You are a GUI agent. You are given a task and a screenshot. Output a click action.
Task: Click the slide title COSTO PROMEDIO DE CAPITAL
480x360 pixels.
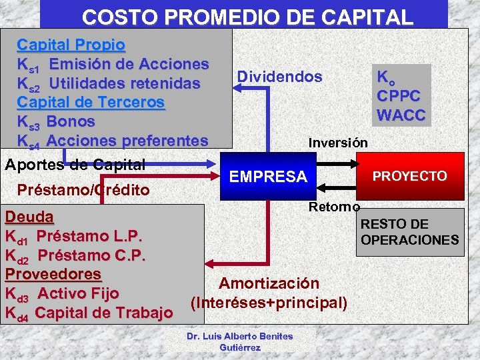point(247,16)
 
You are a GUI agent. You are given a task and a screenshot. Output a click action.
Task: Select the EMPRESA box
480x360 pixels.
point(267,177)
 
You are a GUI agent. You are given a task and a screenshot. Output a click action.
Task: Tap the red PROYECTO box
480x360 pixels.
point(409,176)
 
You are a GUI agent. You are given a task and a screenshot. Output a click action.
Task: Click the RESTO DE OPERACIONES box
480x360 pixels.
point(409,232)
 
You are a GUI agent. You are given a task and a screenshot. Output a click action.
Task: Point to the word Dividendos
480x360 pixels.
point(279,77)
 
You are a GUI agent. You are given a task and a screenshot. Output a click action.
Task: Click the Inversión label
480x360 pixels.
point(337,143)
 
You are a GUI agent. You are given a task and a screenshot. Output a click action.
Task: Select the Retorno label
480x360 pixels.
point(334,207)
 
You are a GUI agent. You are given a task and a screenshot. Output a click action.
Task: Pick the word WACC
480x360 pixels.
point(401,115)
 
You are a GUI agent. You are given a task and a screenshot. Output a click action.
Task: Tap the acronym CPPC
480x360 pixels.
point(399,95)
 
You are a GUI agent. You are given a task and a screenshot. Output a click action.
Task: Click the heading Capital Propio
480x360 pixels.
point(71,45)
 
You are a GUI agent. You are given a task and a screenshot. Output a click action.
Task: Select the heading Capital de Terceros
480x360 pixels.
point(91,103)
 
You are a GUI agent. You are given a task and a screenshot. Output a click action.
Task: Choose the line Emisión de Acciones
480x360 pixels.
point(129,65)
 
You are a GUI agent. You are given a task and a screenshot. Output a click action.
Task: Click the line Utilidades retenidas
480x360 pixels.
point(125,84)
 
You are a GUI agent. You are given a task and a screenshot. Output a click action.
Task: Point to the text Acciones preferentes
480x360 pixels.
point(128,141)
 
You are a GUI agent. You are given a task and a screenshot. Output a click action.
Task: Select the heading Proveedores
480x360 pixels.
point(53,274)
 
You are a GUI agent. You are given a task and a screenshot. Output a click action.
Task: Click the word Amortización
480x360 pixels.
point(269,283)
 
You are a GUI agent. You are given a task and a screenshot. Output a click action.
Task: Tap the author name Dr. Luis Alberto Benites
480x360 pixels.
point(239,336)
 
